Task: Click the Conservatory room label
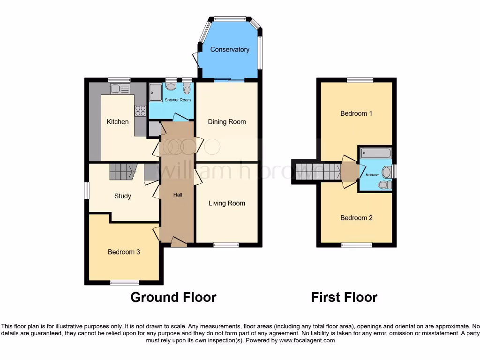coord(229,50)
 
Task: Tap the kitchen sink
coord(120,89)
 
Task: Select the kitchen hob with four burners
coord(140,111)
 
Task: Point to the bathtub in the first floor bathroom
coord(376,153)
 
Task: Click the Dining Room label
coord(227,122)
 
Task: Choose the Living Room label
coord(227,203)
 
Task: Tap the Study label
coord(123,196)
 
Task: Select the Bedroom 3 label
coord(124,252)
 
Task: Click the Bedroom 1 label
coord(356,113)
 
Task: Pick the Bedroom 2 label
coord(356,218)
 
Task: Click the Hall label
coord(178,195)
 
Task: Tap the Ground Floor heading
coord(173,297)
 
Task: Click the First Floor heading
coord(344,297)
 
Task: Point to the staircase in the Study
coord(122,172)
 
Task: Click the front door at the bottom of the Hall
coord(179,242)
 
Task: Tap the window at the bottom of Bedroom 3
coord(125,282)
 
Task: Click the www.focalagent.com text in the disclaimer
coord(307,341)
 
